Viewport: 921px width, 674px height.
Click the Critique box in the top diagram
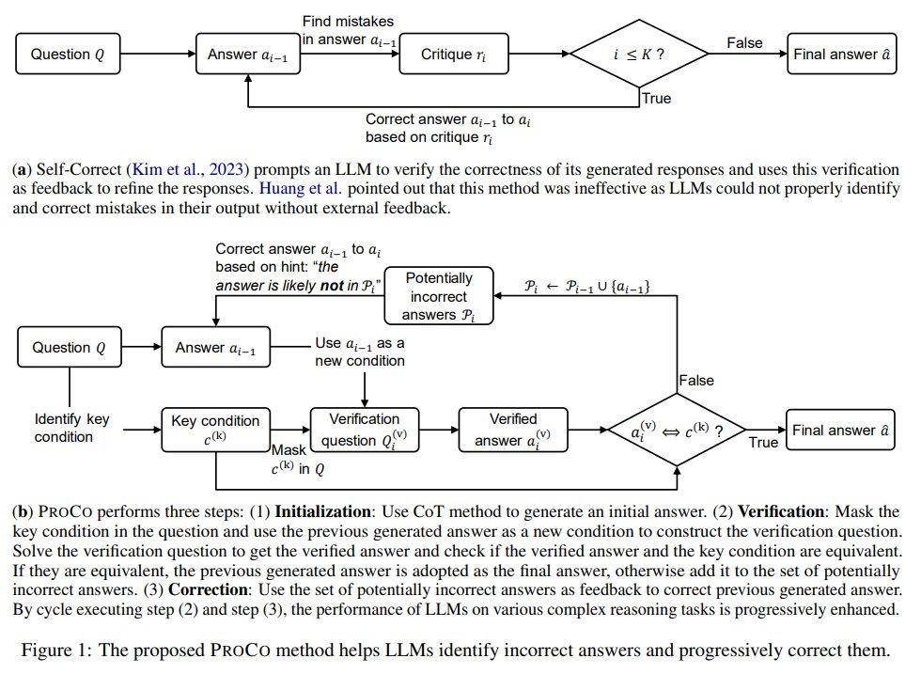pos(446,55)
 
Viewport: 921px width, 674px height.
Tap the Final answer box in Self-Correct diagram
pos(841,55)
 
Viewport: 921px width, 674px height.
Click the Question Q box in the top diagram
pos(69,55)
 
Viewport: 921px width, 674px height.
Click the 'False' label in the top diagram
pos(744,43)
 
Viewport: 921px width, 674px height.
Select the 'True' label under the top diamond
pos(656,98)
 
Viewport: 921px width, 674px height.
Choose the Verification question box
pos(365,430)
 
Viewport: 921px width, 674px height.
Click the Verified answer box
pos(513,430)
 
